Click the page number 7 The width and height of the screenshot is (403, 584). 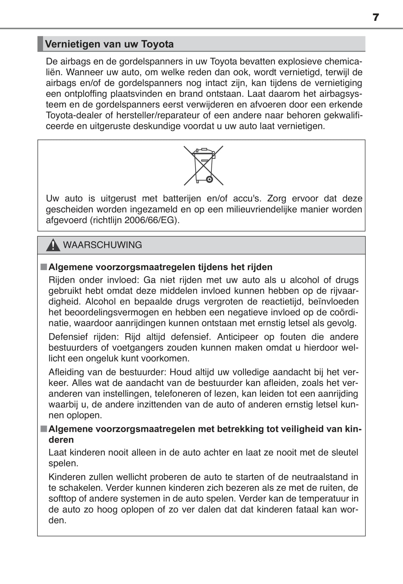coord(376,17)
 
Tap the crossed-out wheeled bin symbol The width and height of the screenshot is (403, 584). coord(203,165)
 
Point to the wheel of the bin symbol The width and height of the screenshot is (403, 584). coord(209,179)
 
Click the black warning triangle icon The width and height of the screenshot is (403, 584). coord(53,245)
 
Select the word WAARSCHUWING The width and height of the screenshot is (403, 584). coord(102,245)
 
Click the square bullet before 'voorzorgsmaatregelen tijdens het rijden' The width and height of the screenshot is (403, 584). coord(43,267)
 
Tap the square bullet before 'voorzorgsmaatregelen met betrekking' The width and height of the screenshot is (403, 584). coord(43,429)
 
